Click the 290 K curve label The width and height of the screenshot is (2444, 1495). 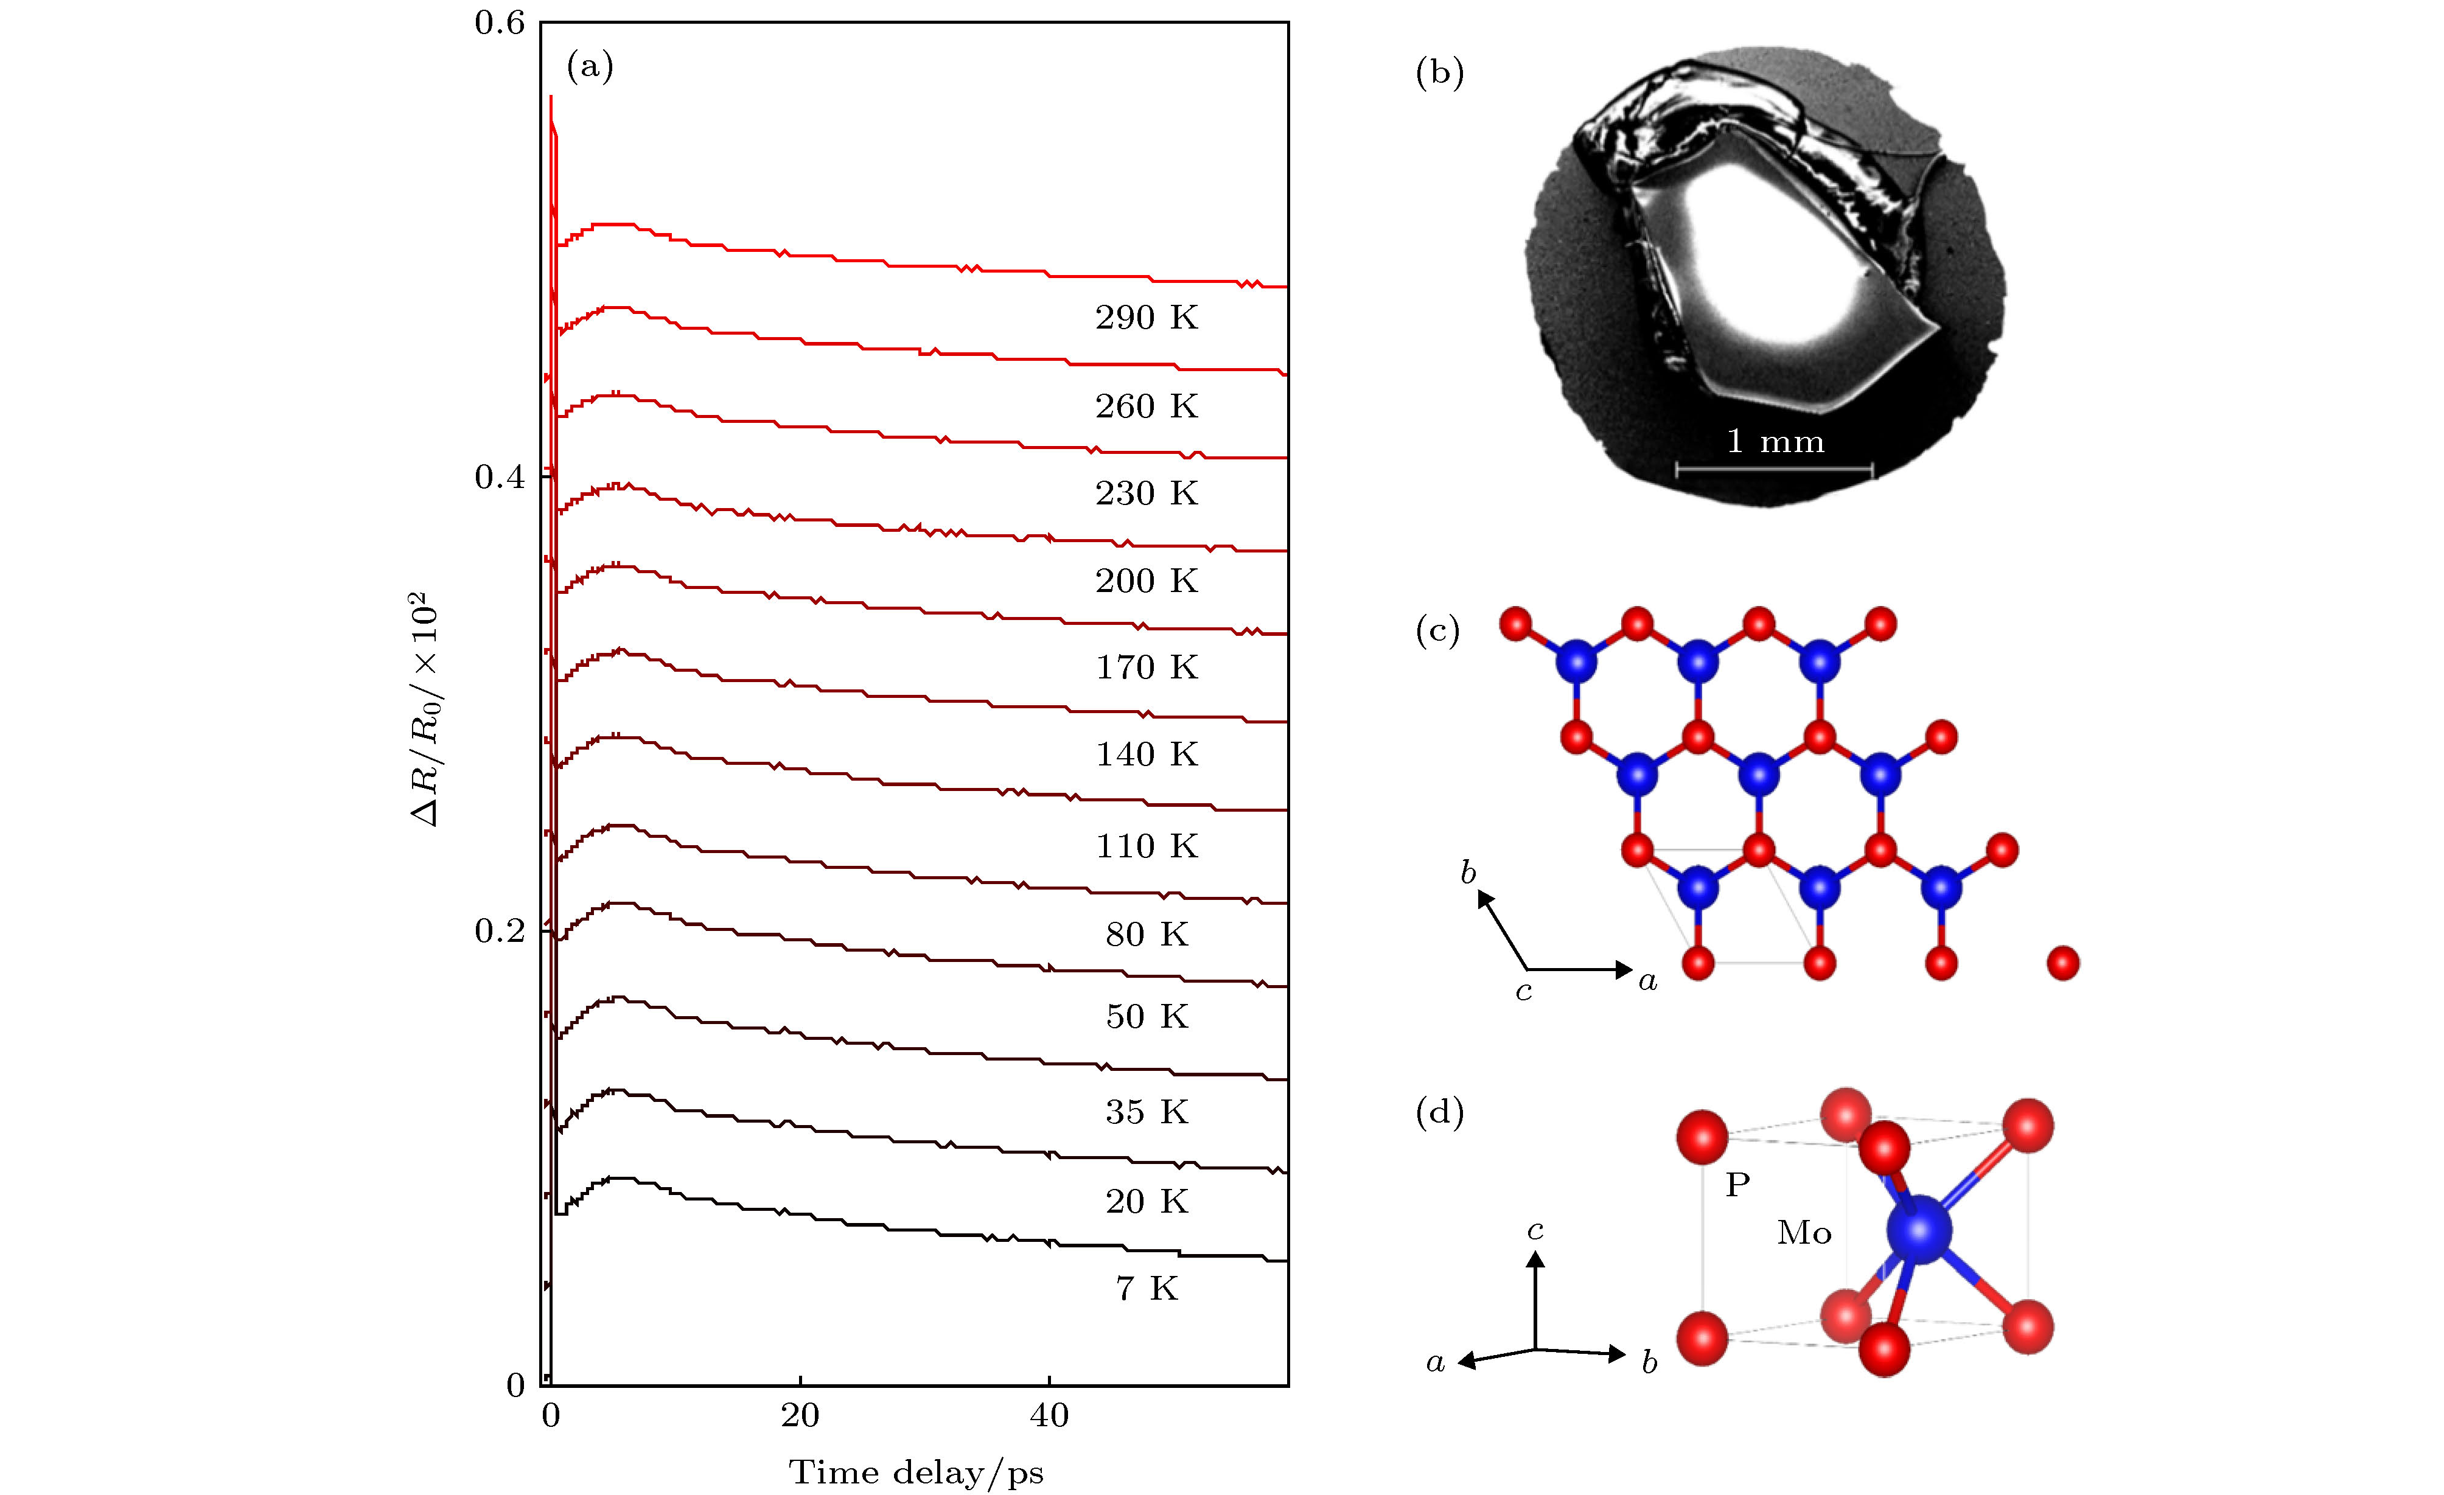point(1147,318)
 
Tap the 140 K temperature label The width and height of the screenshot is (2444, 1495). point(1147,754)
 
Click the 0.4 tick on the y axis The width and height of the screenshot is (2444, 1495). point(499,476)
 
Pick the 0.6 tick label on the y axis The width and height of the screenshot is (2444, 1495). point(499,23)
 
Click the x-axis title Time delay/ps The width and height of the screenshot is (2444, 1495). point(916,1473)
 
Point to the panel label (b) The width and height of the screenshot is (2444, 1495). point(1439,72)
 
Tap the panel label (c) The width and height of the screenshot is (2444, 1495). point(1438,630)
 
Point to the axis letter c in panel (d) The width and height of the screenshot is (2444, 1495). point(1534,1230)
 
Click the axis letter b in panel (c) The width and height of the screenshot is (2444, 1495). point(1468,872)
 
